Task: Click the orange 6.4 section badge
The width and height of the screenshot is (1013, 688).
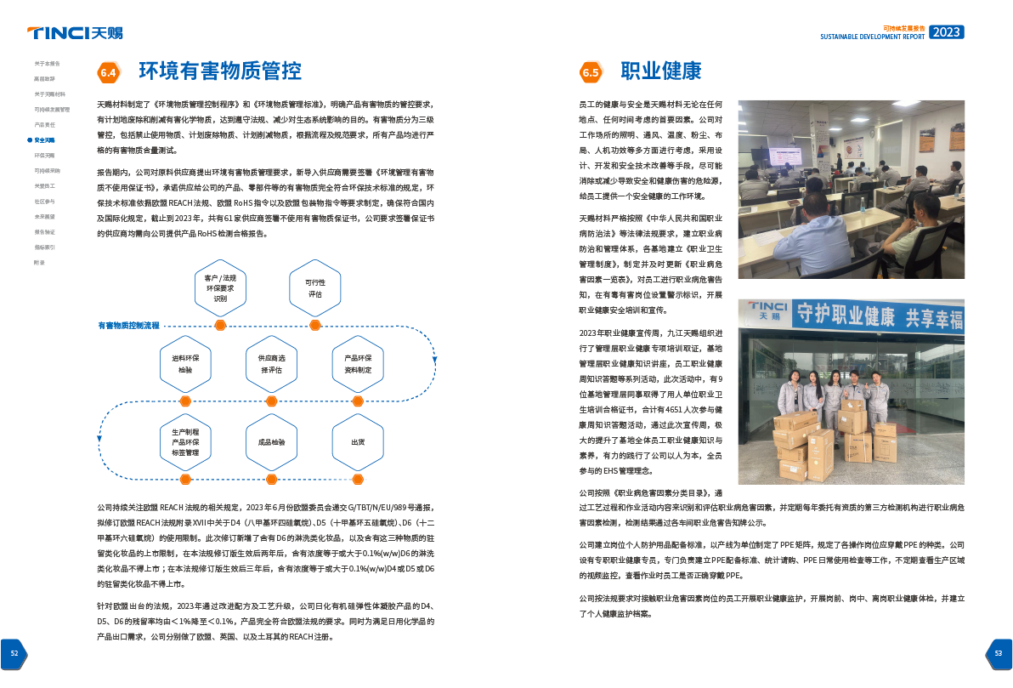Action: point(109,72)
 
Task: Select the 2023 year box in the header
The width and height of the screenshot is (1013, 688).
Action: point(946,32)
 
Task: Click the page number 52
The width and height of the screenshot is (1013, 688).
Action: point(14,653)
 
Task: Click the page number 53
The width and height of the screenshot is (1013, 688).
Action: point(999,653)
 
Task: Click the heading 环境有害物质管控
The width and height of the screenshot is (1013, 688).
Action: point(219,71)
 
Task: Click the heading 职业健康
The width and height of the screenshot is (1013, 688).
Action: point(660,71)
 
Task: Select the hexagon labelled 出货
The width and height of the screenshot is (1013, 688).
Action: point(357,442)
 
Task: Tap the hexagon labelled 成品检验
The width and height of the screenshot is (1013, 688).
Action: point(271,442)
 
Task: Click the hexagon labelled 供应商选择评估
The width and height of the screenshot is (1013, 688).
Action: point(271,364)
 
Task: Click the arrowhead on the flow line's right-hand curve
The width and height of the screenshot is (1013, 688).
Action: point(434,361)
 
